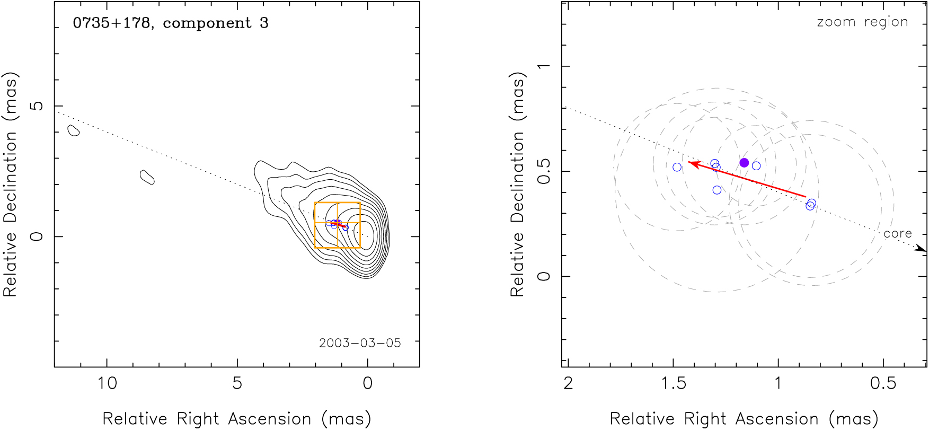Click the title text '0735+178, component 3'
[171, 23]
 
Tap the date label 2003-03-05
[360, 343]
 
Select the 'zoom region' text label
[862, 22]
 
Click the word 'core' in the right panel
[897, 234]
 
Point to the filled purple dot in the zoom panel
[744, 163]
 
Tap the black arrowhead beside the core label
[921, 248]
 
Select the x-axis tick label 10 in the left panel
[107, 383]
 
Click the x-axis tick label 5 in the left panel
[237, 383]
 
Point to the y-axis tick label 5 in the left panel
[37, 106]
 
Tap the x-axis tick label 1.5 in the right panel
[674, 383]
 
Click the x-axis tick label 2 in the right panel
[568, 383]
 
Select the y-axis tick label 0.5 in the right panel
[544, 171]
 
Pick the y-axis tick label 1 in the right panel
[544, 66]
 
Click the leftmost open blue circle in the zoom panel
[677, 168]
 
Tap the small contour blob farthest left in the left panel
[74, 130]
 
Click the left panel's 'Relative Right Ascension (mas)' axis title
[236, 419]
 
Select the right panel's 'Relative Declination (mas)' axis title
[517, 184]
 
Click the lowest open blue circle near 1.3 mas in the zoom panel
[717, 190]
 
